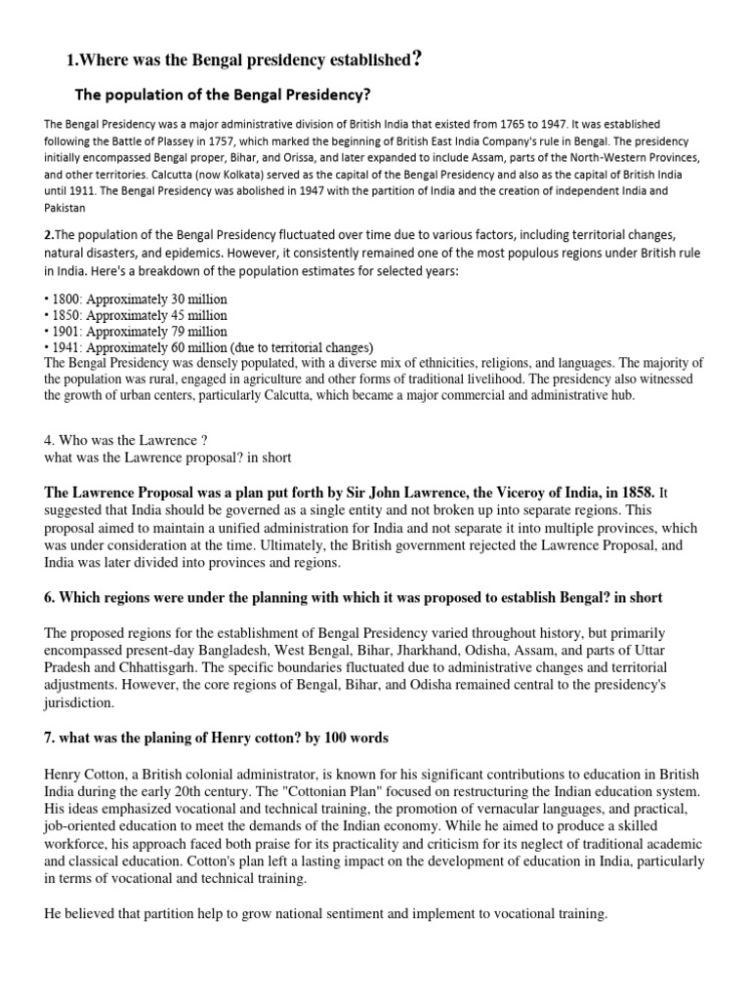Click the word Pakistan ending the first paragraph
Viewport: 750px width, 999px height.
tap(65, 208)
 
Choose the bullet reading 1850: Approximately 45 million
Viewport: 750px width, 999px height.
tap(136, 315)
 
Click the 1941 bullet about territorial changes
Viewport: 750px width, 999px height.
tap(210, 348)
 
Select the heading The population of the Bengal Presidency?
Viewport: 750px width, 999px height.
tap(224, 95)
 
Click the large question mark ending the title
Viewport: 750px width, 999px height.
tap(418, 60)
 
